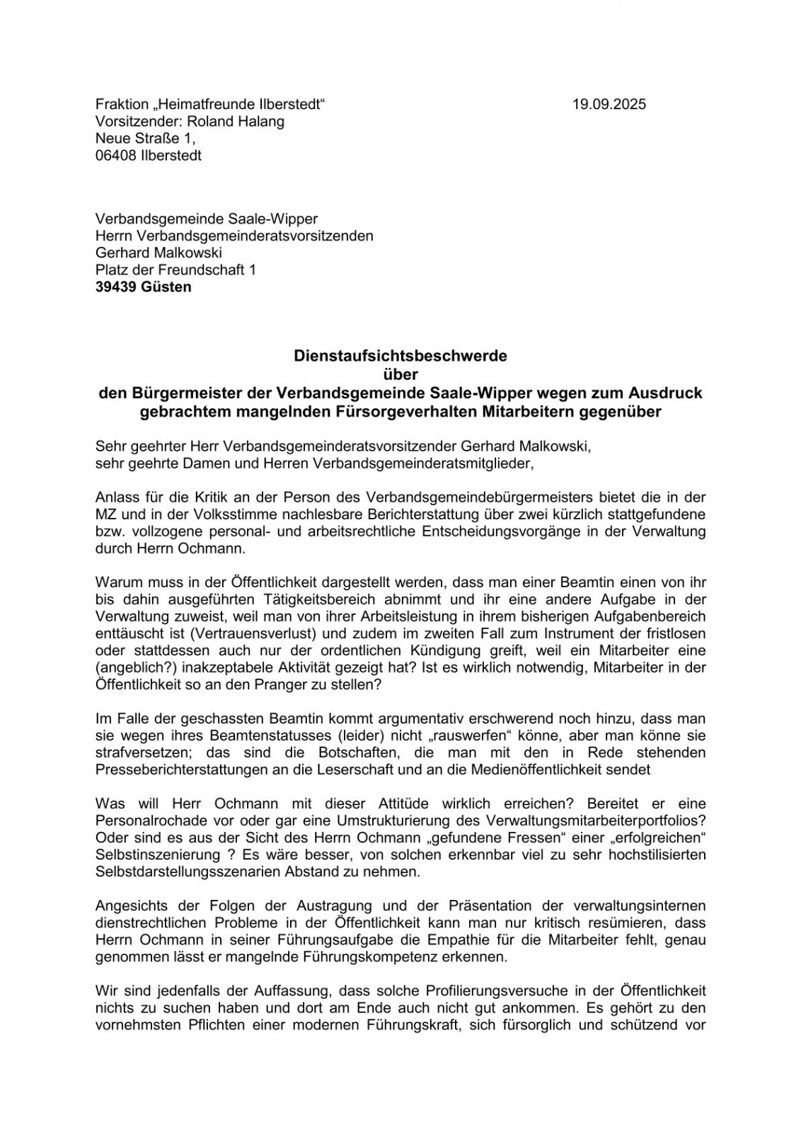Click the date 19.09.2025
(x=609, y=105)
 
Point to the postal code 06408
(x=116, y=156)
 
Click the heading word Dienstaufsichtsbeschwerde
(x=400, y=356)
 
